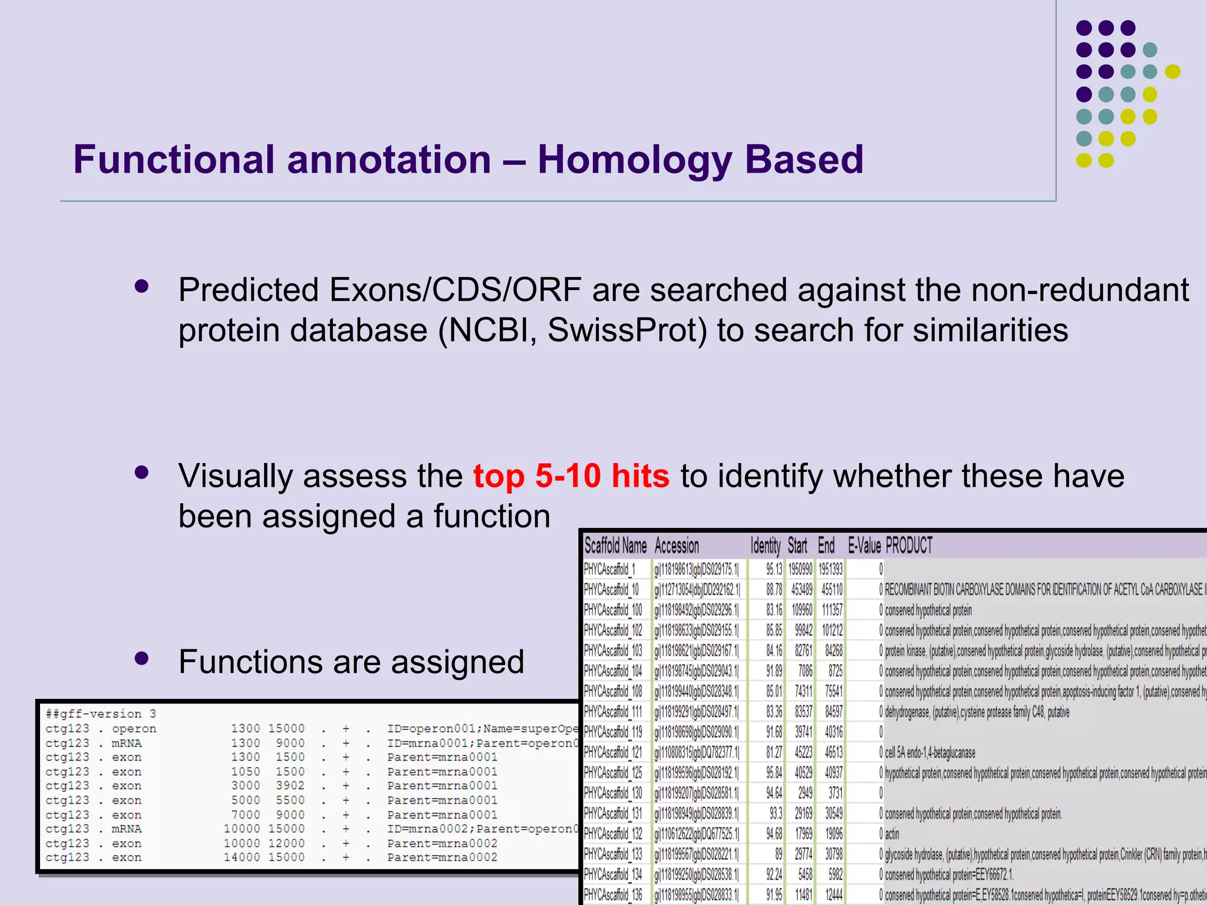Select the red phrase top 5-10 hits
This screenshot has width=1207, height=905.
pyautogui.click(x=571, y=476)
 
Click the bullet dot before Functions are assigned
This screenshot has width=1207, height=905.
pyautogui.click(x=141, y=658)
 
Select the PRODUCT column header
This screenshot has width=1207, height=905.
pyautogui.click(x=909, y=546)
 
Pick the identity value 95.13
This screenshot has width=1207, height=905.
pyautogui.click(x=774, y=569)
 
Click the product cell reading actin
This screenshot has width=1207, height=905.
pyautogui.click(x=892, y=834)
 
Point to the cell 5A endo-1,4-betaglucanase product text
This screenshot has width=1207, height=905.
pyautogui.click(x=930, y=752)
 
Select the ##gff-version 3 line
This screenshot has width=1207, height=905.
pyautogui.click(x=101, y=714)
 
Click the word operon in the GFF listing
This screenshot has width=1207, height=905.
pyautogui.click(x=134, y=729)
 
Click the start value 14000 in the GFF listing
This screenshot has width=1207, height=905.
pyautogui.click(x=242, y=857)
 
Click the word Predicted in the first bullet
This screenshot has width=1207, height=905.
pyautogui.click(x=248, y=290)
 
